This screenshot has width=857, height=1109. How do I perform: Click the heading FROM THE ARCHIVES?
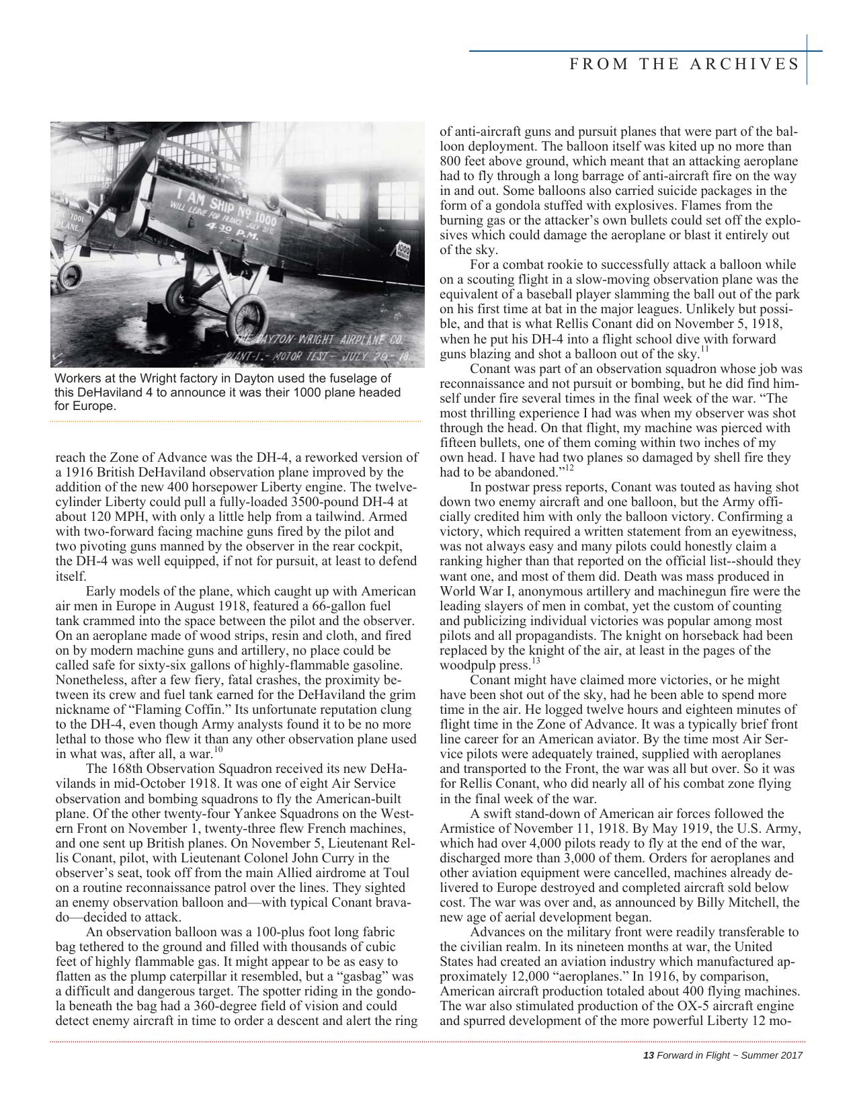(684, 64)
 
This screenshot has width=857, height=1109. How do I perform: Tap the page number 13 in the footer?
(649, 1055)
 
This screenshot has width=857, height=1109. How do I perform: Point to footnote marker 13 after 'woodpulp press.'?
(536, 661)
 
